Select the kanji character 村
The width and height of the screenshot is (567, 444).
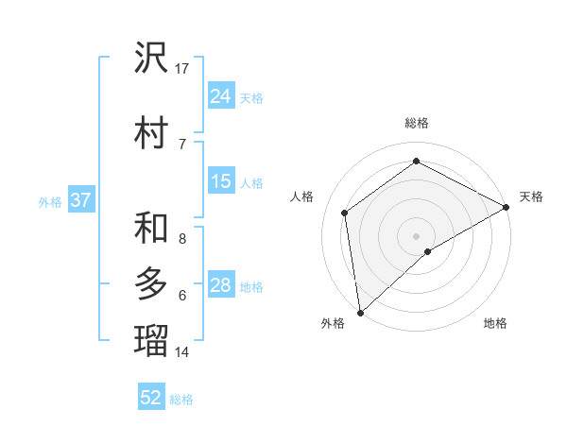pos(151,132)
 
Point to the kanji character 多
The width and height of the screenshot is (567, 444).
pos(151,284)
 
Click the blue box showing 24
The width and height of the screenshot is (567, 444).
pos(220,96)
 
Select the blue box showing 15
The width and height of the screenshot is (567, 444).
pos(220,181)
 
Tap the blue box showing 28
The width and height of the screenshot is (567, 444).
pos(220,285)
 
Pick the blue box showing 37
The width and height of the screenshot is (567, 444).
pos(80,200)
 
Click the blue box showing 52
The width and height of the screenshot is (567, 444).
pos(151,398)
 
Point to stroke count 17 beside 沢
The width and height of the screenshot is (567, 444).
pos(182,68)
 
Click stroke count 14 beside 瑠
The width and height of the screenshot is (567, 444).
pos(182,352)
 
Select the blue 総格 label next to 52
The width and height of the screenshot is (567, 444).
pos(181,399)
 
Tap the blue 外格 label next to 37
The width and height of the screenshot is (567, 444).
pos(50,201)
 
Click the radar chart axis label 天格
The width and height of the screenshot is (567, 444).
pos(531,196)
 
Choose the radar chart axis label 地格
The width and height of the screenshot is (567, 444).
pos(495,323)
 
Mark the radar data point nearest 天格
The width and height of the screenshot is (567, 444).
pos(507,207)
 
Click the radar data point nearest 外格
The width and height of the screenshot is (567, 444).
pos(360,312)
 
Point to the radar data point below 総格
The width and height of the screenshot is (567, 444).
pos(416,162)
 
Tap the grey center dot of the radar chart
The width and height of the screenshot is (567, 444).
pos(416,235)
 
